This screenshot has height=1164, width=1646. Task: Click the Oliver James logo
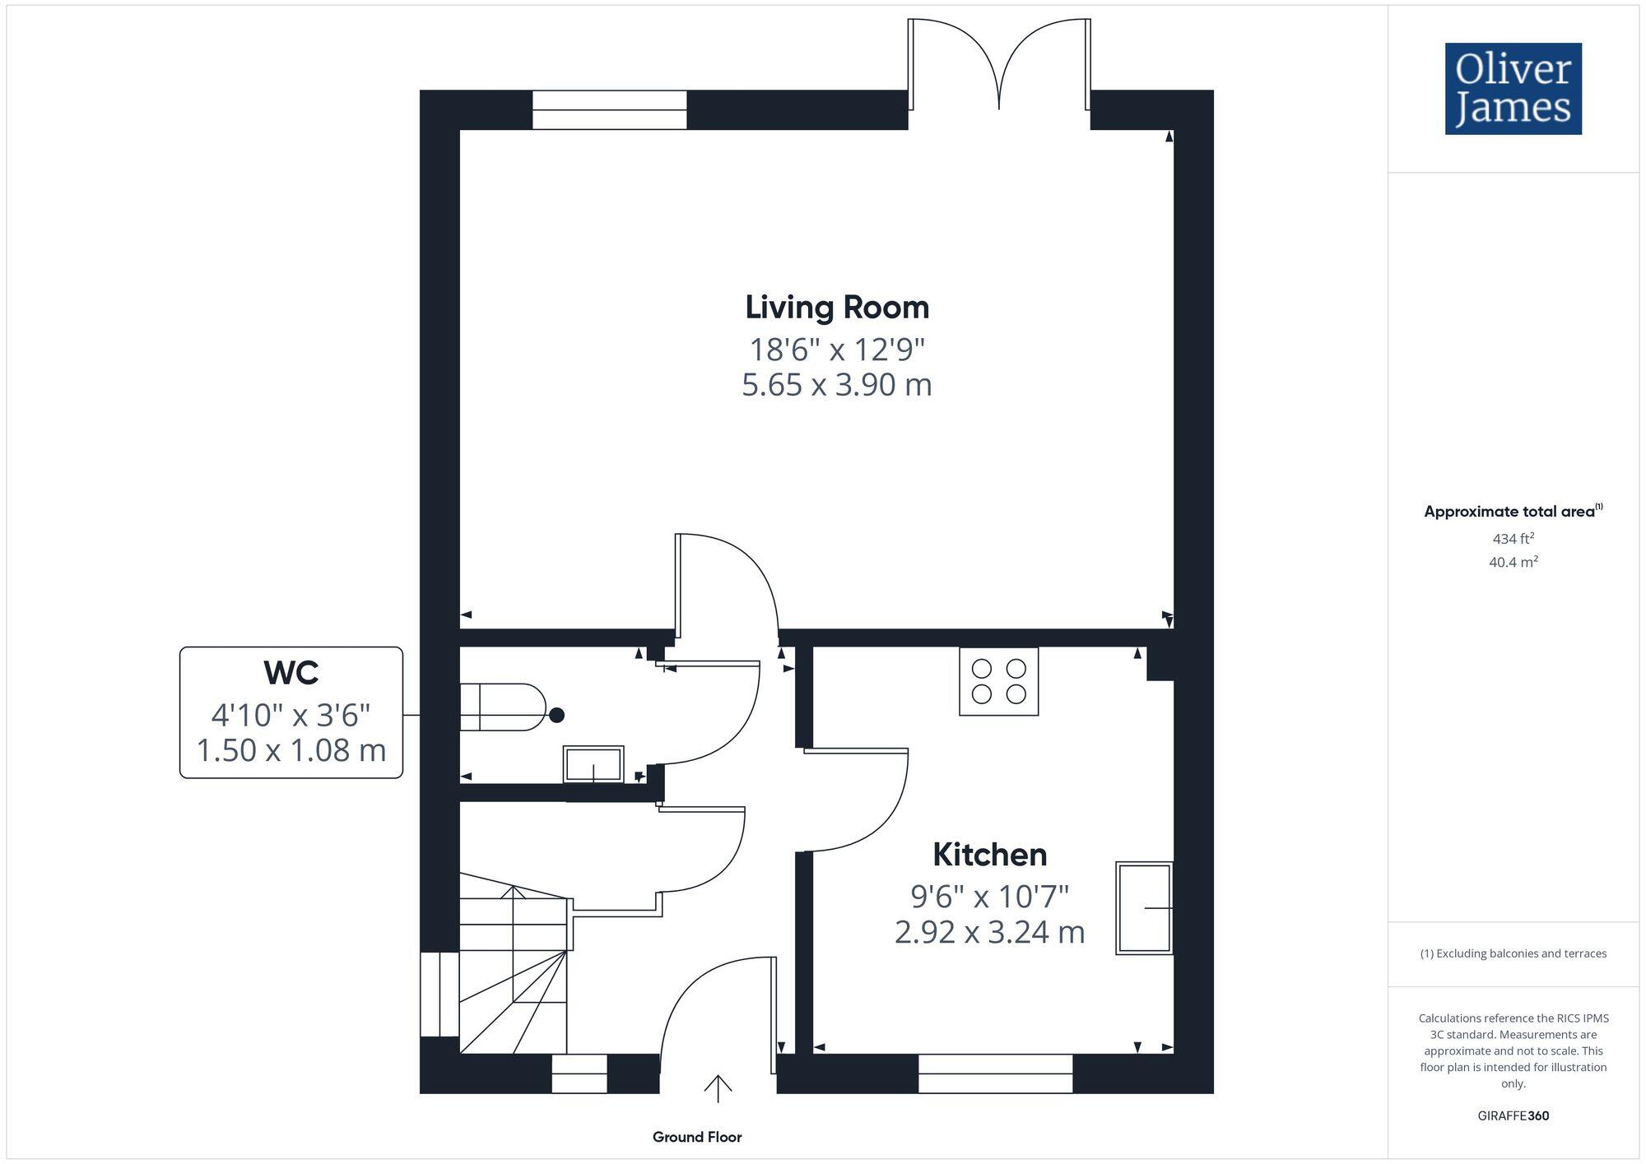[x=1513, y=89]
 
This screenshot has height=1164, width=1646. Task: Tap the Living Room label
[x=837, y=308]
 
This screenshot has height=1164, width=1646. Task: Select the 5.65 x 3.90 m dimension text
[x=836, y=385]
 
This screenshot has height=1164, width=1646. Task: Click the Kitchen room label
[x=989, y=855]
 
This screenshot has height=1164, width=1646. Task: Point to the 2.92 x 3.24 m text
[x=989, y=932]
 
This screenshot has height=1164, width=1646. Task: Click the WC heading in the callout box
[x=291, y=673]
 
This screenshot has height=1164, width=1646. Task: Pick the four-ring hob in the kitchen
[x=998, y=681]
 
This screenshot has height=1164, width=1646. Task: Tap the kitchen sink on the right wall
[x=1143, y=907]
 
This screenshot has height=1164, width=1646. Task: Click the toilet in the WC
[x=502, y=707]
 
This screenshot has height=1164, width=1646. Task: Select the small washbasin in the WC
[x=593, y=764]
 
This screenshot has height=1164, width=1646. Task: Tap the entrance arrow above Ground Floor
[x=718, y=1087]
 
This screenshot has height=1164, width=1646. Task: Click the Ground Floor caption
[x=697, y=1137]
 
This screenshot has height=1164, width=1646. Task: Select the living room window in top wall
[x=609, y=110]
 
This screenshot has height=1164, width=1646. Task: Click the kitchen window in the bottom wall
[x=995, y=1074]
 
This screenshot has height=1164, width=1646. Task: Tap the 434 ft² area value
[x=1513, y=539]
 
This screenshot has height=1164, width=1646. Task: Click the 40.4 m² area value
[x=1513, y=563]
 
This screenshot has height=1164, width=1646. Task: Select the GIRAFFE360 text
[x=1513, y=1116]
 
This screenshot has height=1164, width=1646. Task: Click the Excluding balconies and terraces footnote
[x=1513, y=954]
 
